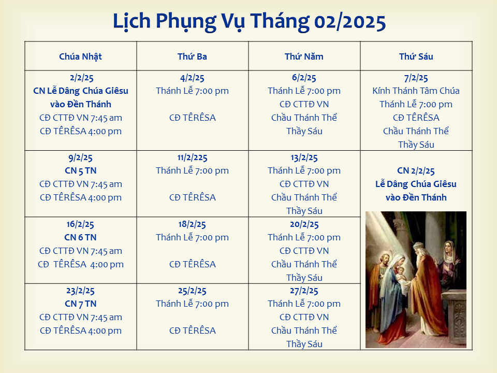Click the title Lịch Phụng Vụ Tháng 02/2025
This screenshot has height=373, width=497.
click(x=249, y=22)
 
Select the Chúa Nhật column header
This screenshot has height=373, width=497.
click(x=81, y=56)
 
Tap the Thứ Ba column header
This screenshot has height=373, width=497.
click(x=192, y=56)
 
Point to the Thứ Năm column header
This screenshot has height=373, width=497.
click(x=304, y=56)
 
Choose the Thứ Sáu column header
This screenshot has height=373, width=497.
click(x=416, y=56)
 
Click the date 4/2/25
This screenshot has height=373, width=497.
click(x=192, y=78)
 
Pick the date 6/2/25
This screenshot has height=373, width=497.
click(x=304, y=78)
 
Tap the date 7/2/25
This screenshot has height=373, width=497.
click(x=416, y=78)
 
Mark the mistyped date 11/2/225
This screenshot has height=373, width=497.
click(x=192, y=157)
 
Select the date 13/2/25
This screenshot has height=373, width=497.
click(x=304, y=157)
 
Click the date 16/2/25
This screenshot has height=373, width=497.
click(x=80, y=224)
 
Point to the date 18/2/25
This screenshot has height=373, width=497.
click(x=192, y=224)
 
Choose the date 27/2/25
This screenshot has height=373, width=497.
click(x=304, y=291)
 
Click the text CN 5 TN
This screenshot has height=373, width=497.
click(x=81, y=170)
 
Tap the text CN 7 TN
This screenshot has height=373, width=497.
click(x=81, y=304)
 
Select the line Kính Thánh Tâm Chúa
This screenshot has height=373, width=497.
click(x=416, y=91)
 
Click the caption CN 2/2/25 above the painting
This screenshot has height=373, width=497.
click(x=416, y=170)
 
